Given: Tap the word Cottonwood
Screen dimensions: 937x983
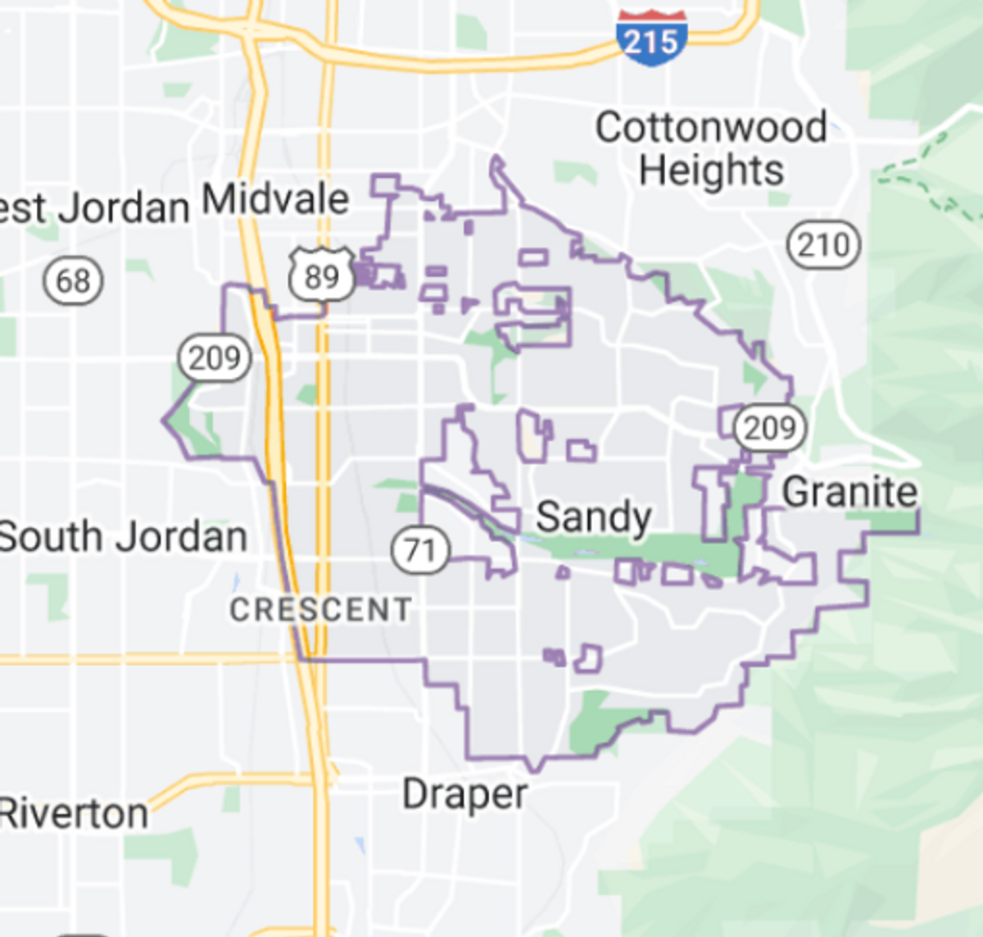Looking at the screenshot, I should (x=710, y=128).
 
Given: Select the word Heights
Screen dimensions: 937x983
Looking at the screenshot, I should (x=710, y=171).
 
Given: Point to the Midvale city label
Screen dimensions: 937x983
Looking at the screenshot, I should (x=275, y=199).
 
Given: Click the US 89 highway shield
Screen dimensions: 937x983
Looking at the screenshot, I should (x=322, y=275).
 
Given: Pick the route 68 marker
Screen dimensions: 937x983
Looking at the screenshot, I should (x=73, y=281).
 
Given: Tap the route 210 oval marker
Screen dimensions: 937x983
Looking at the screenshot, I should (x=823, y=244).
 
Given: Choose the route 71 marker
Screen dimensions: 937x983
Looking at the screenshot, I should (x=420, y=549).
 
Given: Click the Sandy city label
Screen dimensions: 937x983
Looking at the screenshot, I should (x=593, y=517).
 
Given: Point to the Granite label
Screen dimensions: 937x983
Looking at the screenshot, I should (x=849, y=493).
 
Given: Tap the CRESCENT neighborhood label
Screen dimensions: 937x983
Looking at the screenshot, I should (x=320, y=609).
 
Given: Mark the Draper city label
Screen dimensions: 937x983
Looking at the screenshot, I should (x=464, y=794).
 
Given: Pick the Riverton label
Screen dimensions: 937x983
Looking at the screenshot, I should (x=74, y=813).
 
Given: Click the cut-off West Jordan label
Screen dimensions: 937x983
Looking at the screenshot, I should (x=94, y=208).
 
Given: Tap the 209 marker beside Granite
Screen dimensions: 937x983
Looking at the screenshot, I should (x=769, y=427).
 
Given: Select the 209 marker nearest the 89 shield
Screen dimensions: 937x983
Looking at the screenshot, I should (x=215, y=357).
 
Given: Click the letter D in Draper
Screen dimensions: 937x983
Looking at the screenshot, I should (x=414, y=794).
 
